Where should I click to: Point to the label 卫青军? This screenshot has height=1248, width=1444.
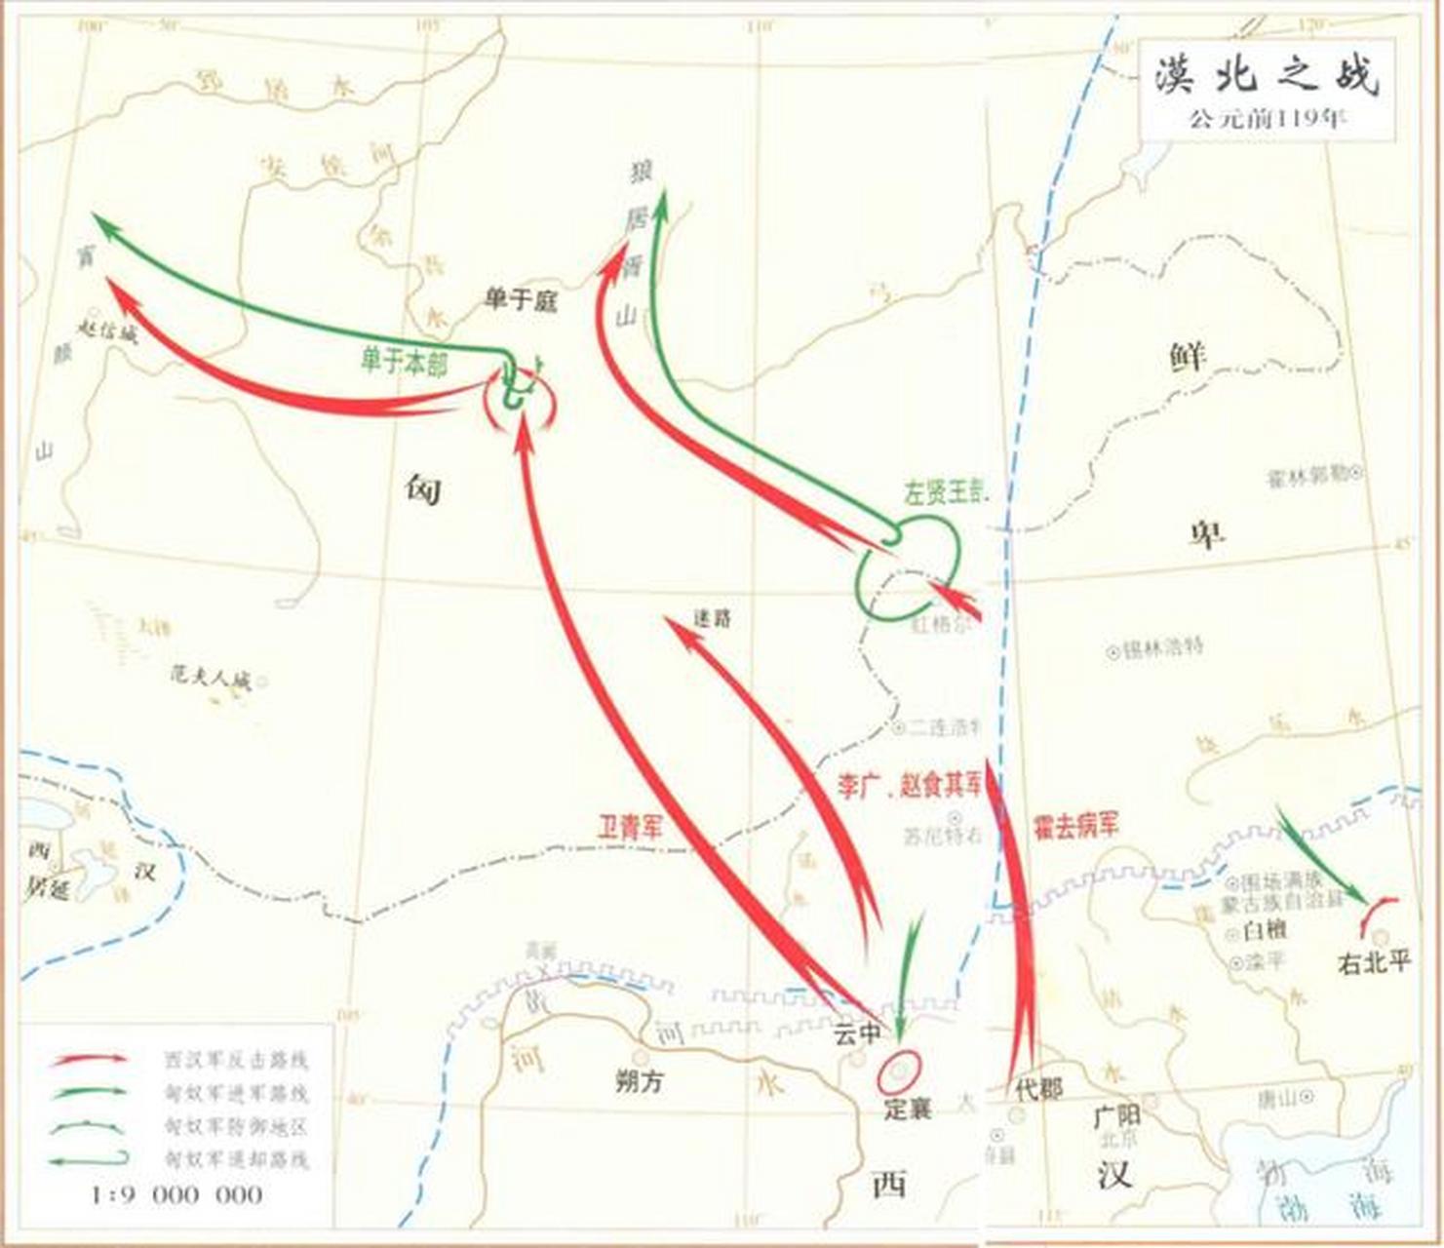click(630, 828)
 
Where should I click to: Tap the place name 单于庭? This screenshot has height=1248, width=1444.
click(520, 300)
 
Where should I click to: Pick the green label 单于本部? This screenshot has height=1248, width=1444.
click(404, 364)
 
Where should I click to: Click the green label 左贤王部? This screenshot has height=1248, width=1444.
click(947, 493)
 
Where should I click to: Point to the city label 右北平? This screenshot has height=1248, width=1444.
click(1375, 963)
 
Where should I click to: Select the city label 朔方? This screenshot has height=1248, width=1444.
click(640, 1080)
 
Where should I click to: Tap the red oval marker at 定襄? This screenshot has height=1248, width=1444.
click(899, 1071)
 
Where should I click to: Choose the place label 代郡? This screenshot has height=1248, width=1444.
click(1038, 1089)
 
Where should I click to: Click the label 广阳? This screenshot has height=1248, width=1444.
click(1116, 1113)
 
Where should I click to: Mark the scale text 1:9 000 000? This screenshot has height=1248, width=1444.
click(177, 1194)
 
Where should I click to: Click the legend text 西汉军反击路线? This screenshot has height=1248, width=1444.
click(237, 1060)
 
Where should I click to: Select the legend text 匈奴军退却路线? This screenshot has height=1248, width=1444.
click(237, 1159)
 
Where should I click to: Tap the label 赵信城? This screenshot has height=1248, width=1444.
click(107, 331)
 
